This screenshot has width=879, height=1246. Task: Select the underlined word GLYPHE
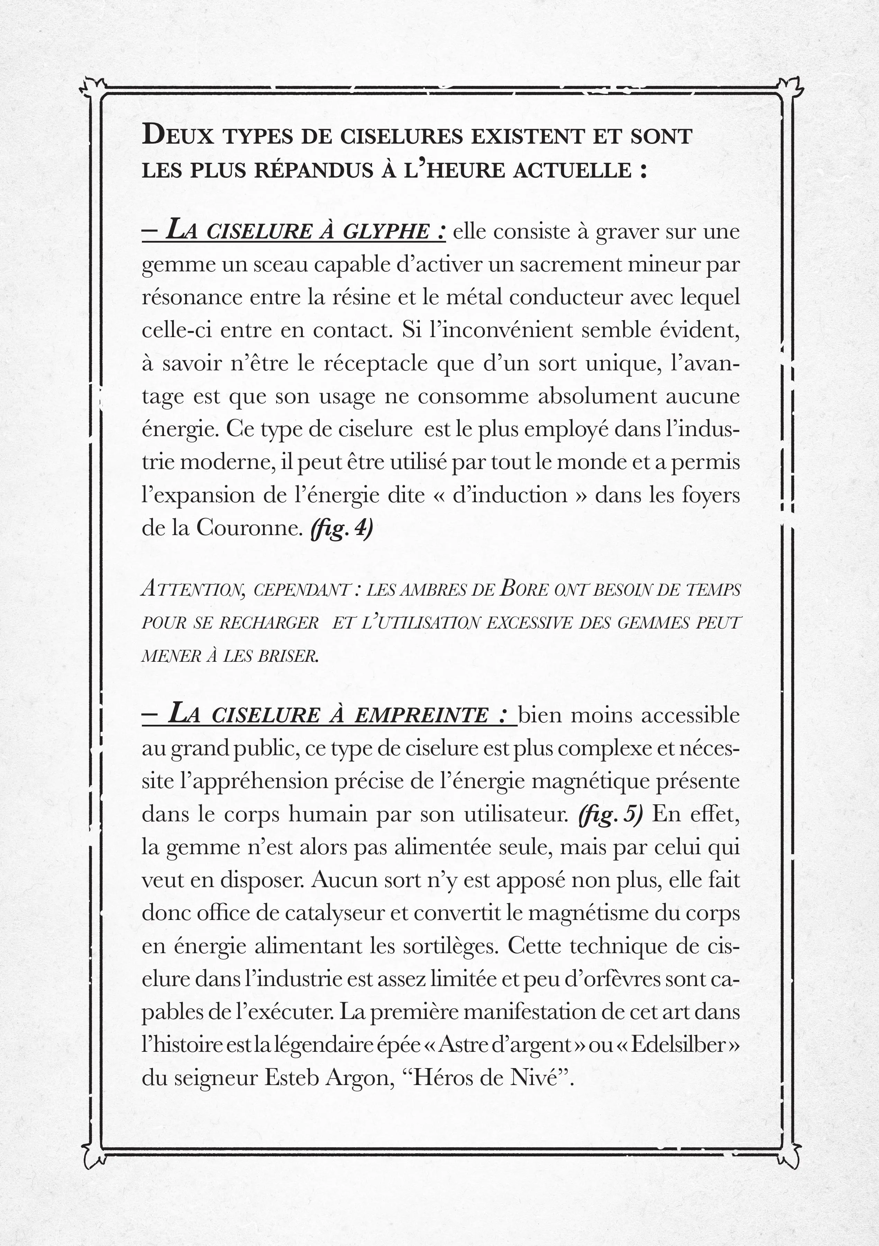coord(386,232)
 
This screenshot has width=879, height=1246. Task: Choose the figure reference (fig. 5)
coord(610,814)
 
